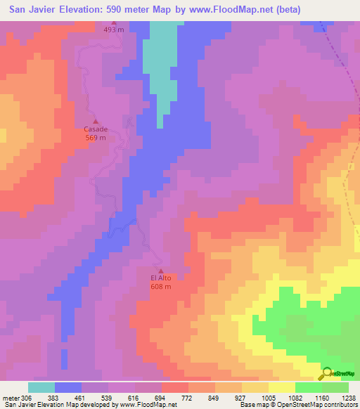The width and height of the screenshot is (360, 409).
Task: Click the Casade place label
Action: pos(96,129)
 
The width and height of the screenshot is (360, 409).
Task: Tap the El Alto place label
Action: pos(160,278)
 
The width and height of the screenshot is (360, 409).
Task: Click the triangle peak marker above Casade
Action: pos(96,121)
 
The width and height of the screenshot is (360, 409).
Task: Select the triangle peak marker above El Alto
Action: pos(160,271)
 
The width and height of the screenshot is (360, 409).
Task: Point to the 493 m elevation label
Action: pos(113,30)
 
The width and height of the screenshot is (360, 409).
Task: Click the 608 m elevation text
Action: pos(160,286)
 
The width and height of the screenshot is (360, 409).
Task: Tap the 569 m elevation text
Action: pos(96,138)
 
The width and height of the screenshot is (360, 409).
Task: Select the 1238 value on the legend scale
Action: pos(349,398)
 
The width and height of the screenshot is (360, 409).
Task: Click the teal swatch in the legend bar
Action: pos(41,387)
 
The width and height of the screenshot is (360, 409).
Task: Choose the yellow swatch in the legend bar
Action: pos(281,387)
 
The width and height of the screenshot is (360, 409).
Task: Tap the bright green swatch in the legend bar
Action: pos(308,387)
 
